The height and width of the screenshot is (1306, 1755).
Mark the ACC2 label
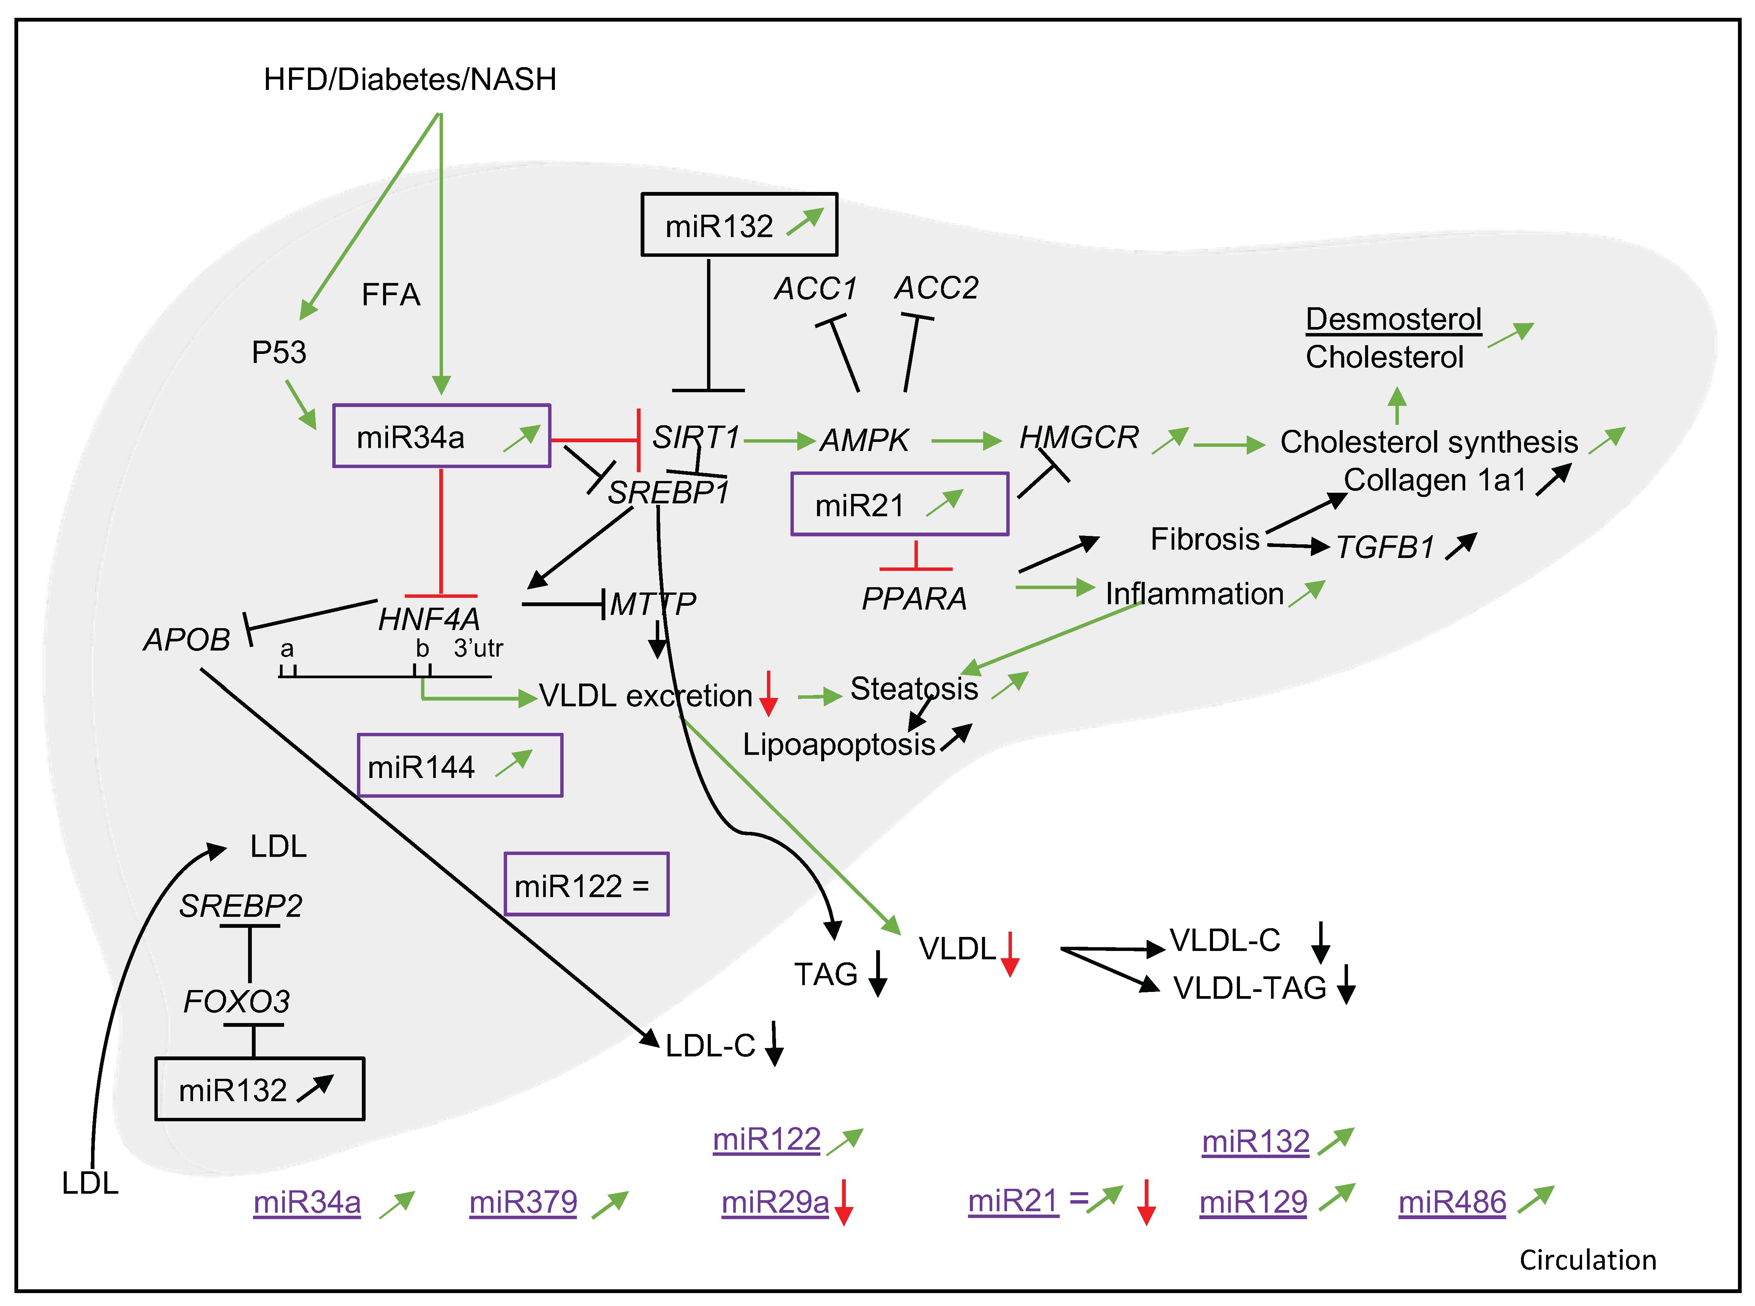pyautogui.click(x=936, y=289)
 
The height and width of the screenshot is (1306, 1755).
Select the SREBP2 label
pyautogui.click(x=240, y=906)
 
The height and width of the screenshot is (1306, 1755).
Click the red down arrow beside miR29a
pyautogui.click(x=844, y=1202)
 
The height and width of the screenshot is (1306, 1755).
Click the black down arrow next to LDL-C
pyautogui.click(x=775, y=1044)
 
